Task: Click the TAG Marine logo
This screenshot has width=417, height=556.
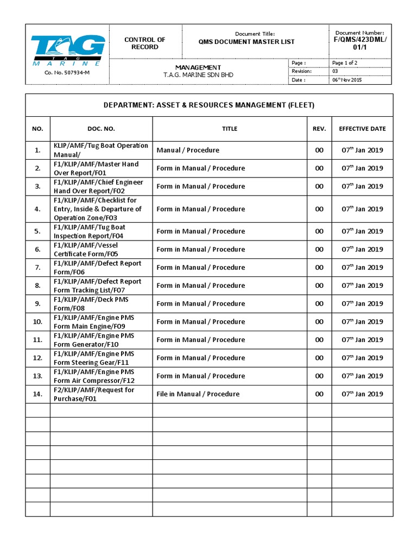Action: tap(67, 49)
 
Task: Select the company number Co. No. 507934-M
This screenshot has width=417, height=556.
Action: tap(67, 73)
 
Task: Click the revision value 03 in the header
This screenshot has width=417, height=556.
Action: tap(335, 71)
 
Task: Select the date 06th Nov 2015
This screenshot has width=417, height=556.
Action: tap(346, 80)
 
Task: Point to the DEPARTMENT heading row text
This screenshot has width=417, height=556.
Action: tap(209, 105)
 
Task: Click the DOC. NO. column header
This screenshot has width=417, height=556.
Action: tap(101, 129)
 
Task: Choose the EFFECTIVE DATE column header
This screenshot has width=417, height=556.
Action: tap(362, 129)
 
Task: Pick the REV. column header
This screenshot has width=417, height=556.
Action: tap(319, 129)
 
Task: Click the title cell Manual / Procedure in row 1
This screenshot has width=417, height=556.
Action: tap(188, 150)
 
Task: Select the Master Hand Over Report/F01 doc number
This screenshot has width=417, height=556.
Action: tap(96, 168)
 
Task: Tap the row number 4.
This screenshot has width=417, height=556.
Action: tap(37, 209)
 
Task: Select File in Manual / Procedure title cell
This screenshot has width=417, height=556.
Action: tap(198, 394)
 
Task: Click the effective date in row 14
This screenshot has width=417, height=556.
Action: tap(362, 394)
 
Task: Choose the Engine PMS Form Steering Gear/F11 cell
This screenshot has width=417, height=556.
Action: tap(93, 358)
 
